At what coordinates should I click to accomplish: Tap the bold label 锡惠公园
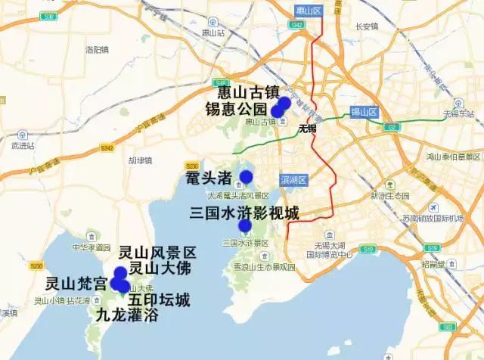(237, 109)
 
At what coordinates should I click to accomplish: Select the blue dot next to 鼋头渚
(246, 177)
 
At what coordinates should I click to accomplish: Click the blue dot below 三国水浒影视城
(244, 225)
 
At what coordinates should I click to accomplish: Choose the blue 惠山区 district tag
(309, 10)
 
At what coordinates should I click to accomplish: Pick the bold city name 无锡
(307, 129)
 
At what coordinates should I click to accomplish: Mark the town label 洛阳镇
(98, 50)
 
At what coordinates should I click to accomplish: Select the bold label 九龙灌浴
(127, 315)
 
